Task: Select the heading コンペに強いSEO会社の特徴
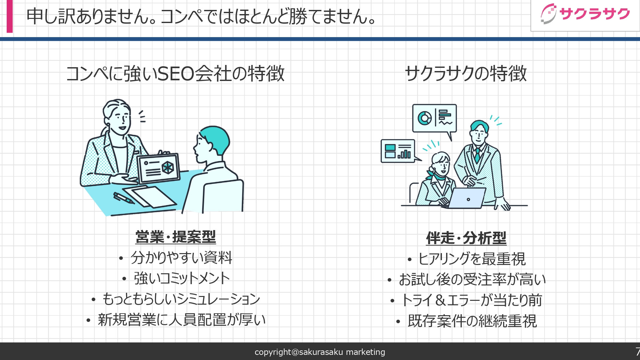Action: [x=175, y=74]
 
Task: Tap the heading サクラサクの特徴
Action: [x=466, y=74]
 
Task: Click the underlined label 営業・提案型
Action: [x=175, y=237]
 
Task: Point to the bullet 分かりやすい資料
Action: [x=181, y=258]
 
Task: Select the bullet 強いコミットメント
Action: [x=182, y=278]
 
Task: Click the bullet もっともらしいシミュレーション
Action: [x=181, y=299]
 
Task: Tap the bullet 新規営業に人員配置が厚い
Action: [x=181, y=320]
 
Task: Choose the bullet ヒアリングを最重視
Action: [x=472, y=259]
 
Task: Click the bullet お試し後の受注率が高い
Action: [x=472, y=280]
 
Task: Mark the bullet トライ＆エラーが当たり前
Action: [x=471, y=300]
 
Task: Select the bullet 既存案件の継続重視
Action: [x=472, y=321]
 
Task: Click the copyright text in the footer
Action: [x=320, y=352]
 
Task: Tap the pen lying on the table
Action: [x=123, y=198]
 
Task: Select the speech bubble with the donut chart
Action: [x=434, y=118]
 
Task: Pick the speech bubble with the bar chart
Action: [x=398, y=151]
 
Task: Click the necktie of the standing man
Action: [x=477, y=155]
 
